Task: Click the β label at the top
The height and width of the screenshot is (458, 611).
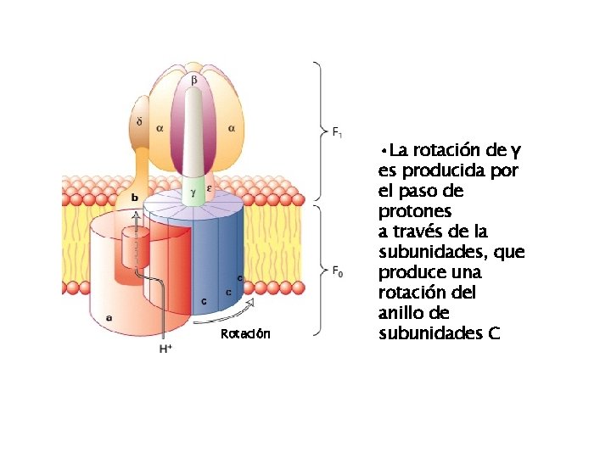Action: [193, 80]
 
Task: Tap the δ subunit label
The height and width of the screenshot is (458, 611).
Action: [138, 121]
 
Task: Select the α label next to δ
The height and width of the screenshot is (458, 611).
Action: [160, 128]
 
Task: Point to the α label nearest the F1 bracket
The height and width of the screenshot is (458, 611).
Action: [231, 128]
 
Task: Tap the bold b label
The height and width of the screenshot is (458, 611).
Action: [134, 198]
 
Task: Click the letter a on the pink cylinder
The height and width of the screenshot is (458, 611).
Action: [108, 317]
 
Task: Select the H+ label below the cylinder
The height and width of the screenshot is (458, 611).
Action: [165, 348]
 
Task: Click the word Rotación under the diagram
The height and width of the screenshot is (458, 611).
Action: [245, 334]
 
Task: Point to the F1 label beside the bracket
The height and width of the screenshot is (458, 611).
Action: [337, 132]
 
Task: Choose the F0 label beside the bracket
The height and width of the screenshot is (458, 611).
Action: [337, 271]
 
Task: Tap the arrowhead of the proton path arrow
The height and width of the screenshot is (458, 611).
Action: [134, 216]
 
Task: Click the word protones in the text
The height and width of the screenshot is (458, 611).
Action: [414, 210]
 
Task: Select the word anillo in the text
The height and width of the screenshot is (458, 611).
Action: [404, 312]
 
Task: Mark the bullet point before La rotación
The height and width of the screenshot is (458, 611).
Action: [384, 152]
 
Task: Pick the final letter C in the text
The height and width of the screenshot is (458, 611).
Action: [494, 332]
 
